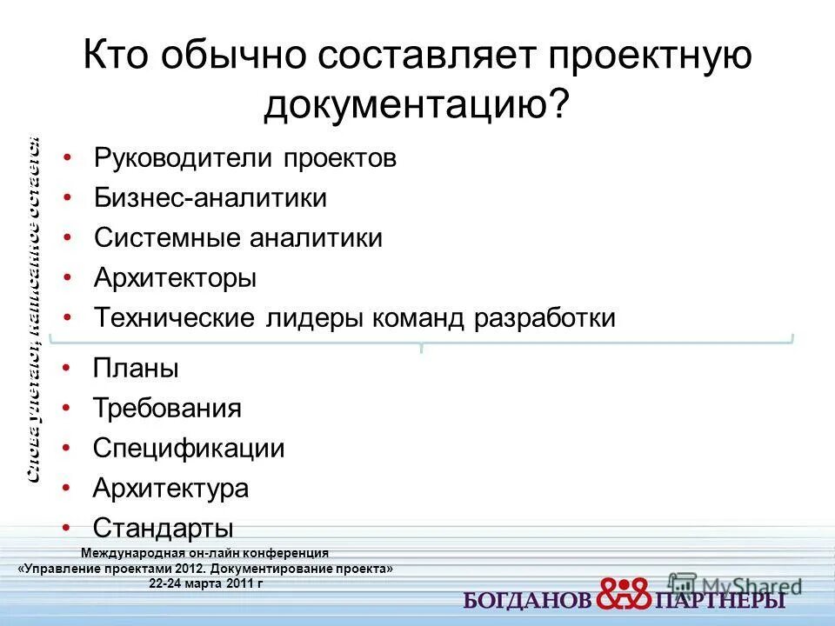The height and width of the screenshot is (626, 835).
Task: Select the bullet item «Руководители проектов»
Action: click(245, 158)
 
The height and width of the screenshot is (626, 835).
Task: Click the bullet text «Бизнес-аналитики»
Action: click(210, 198)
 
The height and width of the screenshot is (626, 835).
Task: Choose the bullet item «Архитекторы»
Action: click(175, 278)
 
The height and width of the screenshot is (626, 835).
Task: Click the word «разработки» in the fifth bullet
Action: click(544, 318)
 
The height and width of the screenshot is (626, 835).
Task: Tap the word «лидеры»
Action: click(312, 318)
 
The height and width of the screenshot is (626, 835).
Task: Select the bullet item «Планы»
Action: click(136, 369)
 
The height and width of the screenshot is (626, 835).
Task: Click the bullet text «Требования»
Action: click(167, 409)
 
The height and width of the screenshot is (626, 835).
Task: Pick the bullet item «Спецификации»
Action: click(189, 449)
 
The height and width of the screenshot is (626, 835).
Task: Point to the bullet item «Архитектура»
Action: click(170, 489)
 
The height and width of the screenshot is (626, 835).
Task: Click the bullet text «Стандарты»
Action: click(164, 528)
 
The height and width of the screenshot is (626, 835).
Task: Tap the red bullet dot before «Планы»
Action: click(68, 369)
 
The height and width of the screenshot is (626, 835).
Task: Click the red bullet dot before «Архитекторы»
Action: click(68, 278)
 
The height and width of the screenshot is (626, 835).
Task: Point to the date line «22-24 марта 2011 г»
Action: click(205, 582)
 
